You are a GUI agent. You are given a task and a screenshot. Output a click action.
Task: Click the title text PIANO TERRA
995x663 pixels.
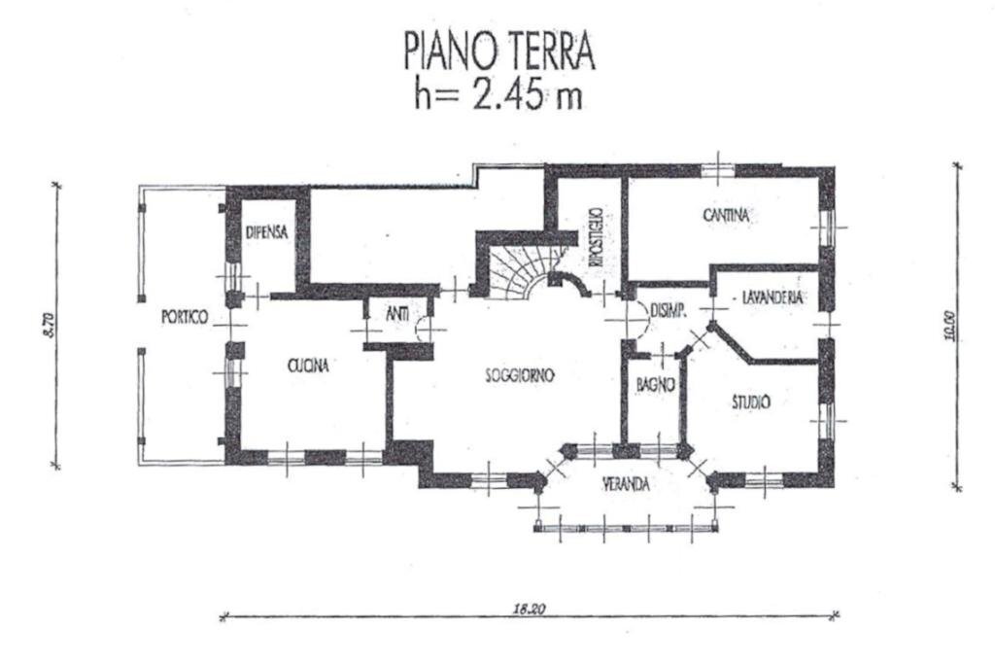click(x=498, y=52)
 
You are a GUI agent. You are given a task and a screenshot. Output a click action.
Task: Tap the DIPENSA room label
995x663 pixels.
click(x=264, y=232)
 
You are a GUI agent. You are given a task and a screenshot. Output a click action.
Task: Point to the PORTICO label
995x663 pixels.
click(x=184, y=317)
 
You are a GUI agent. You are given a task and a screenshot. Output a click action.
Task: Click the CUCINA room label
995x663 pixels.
click(x=308, y=366)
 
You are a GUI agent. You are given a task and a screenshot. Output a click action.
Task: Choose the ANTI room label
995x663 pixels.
click(x=396, y=313)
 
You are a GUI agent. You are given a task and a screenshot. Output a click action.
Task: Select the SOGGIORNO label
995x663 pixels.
click(x=520, y=375)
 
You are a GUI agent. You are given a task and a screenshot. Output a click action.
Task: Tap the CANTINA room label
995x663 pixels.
click(x=726, y=216)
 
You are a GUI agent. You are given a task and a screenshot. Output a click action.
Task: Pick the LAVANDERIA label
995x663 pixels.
click(x=772, y=298)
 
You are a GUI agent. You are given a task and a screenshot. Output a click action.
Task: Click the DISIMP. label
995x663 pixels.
click(x=669, y=311)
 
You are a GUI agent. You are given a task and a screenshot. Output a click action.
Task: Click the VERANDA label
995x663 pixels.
click(x=625, y=483)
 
